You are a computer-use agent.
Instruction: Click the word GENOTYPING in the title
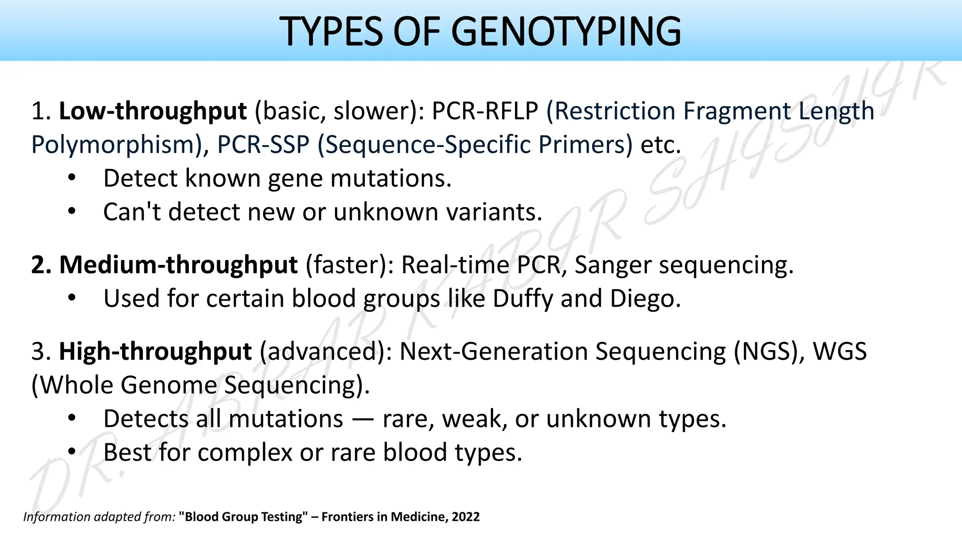coord(566,31)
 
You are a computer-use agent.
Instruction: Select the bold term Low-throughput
coord(153,111)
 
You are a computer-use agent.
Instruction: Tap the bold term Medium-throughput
coord(178,265)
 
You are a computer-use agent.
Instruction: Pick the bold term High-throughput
coord(155,352)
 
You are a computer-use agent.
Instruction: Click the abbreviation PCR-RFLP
coord(485,111)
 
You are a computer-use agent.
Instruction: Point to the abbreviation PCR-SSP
coord(263,145)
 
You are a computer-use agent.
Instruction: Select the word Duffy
coord(523,299)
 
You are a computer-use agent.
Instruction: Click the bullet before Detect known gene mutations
coord(71,178)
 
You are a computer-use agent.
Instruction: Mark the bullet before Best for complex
coord(71,452)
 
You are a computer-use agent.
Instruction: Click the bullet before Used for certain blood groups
coord(71,299)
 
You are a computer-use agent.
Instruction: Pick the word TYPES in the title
coord(331,31)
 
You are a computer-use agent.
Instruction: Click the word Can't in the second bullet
coord(132,212)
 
